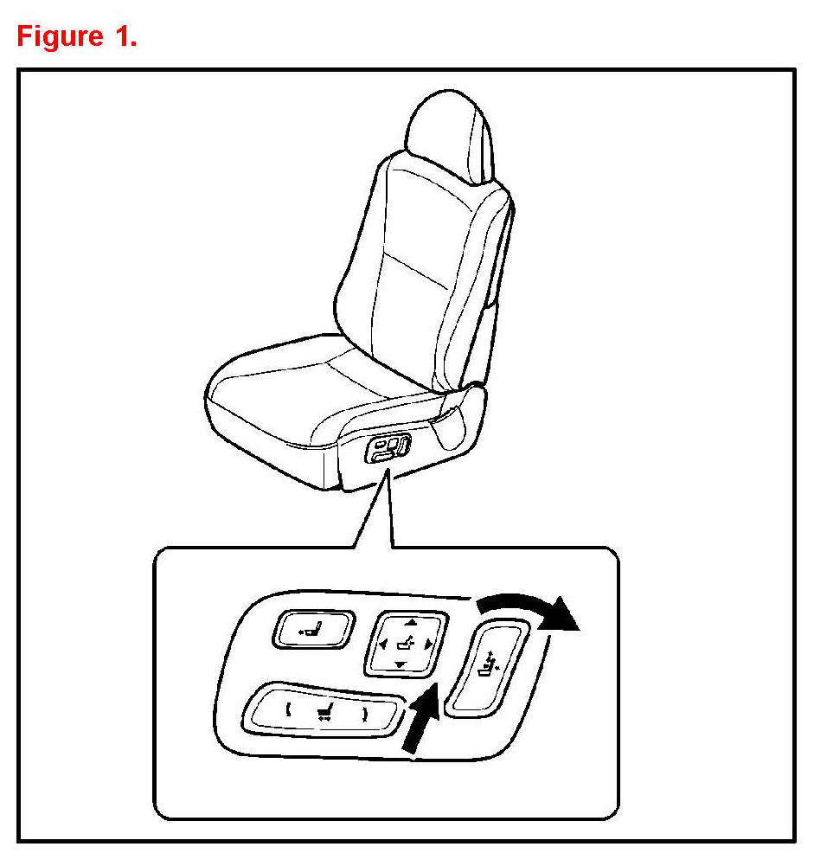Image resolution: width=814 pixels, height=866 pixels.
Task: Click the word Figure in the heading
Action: point(60,36)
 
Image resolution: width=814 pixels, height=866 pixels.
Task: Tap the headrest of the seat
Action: point(449,135)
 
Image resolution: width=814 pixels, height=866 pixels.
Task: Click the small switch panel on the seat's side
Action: point(388,448)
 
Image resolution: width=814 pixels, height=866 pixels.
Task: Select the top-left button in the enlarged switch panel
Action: point(313,628)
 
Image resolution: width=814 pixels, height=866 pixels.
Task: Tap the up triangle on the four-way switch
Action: point(411,622)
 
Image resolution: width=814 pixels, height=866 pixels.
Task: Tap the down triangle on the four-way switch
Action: point(401,664)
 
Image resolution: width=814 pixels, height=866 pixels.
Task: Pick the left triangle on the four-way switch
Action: point(383,644)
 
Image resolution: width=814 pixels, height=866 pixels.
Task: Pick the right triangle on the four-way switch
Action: point(429,644)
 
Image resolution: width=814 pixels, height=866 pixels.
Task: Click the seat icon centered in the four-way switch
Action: point(406,644)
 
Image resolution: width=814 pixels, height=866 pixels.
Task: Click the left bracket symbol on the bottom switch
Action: point(288,709)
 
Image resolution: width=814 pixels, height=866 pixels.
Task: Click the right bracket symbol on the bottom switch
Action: point(364,715)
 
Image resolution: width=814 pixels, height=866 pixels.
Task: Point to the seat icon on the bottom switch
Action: point(325,713)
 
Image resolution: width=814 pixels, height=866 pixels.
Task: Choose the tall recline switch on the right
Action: point(487,669)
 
